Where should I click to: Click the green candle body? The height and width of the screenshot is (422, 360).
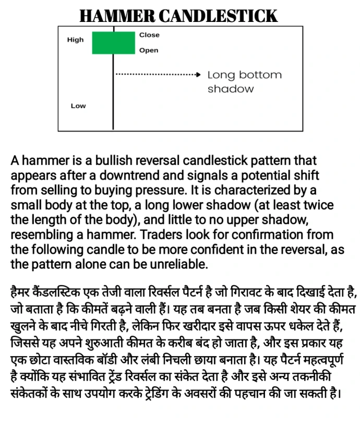(x=113, y=43)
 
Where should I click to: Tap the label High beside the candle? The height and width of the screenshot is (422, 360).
(x=75, y=40)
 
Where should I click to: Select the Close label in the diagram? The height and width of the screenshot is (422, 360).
(x=149, y=35)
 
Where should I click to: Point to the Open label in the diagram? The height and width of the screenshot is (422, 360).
(x=149, y=51)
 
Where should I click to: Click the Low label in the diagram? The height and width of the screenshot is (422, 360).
(x=78, y=106)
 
